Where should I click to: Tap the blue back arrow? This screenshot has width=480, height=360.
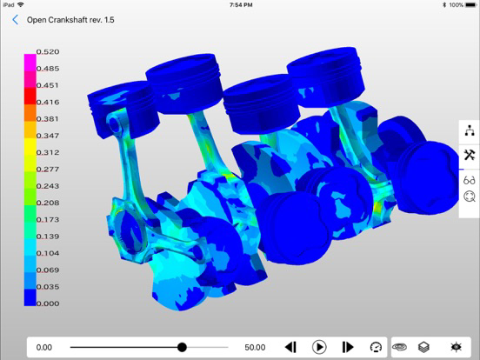(x=16, y=20)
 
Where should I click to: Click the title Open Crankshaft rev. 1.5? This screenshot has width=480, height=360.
(x=70, y=20)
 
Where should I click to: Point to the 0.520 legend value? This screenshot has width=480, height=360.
(x=48, y=51)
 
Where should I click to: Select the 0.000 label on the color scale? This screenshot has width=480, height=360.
(x=48, y=303)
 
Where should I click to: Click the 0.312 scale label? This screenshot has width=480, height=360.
(x=48, y=152)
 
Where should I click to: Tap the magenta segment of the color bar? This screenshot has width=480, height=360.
(x=30, y=63)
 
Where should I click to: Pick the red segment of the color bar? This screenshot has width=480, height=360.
(x=30, y=97)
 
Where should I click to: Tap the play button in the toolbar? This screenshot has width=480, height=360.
(x=319, y=347)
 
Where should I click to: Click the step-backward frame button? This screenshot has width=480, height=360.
(x=290, y=347)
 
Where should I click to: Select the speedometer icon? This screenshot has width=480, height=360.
(x=376, y=347)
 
